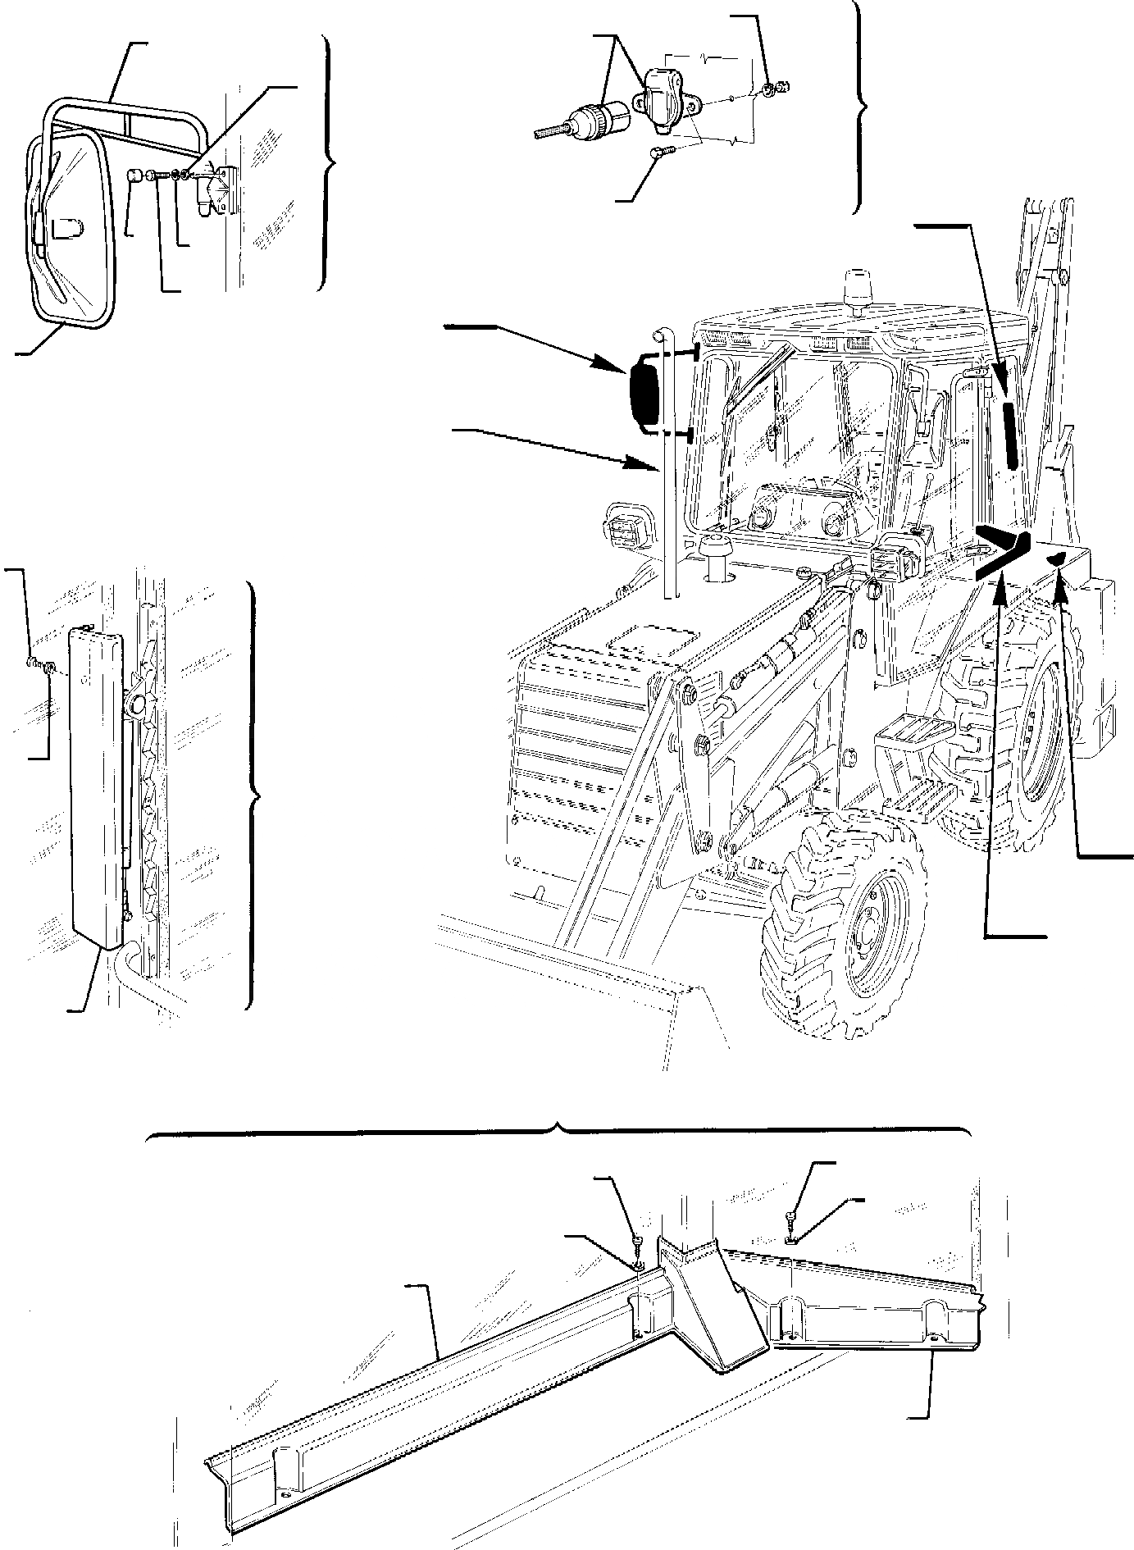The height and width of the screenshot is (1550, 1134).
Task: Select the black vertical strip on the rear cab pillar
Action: point(1010,434)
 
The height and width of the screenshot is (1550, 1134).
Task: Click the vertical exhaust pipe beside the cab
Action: point(665,467)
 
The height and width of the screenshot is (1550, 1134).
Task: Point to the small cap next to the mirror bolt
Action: point(137,175)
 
